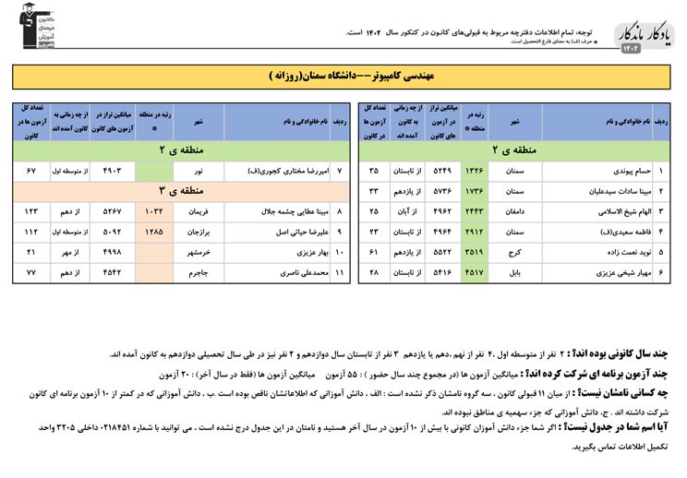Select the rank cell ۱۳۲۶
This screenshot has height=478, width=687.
tap(475, 171)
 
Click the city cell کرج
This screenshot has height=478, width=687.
tap(515, 250)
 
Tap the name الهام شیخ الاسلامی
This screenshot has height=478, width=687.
tap(601, 210)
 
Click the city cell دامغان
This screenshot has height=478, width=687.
tap(515, 210)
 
